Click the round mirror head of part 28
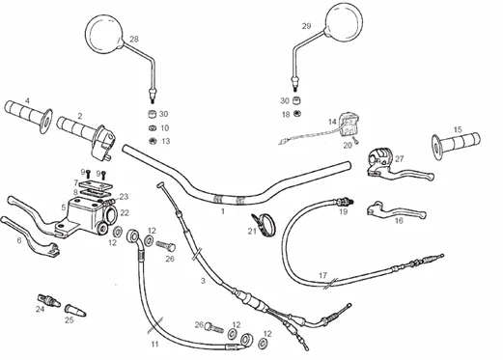point(104,34)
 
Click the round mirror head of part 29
point(344,22)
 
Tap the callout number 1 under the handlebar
point(222,211)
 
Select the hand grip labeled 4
point(29,117)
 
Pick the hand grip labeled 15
point(456,144)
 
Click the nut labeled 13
point(154,141)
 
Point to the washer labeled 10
point(153,128)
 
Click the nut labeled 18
point(297,114)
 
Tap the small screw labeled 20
point(355,140)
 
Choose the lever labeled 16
point(396,210)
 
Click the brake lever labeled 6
point(31,236)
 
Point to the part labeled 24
point(49,300)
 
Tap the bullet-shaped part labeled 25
point(75,311)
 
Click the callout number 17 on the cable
point(322,275)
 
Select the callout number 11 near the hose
point(154,345)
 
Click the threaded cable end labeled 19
point(345,203)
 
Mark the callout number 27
point(399,158)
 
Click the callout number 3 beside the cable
point(203,281)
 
